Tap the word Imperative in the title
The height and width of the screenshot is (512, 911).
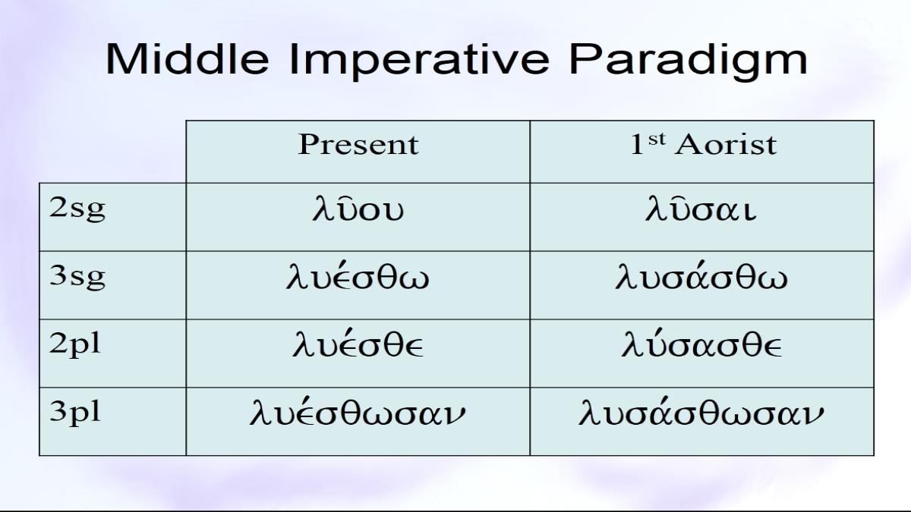[x=419, y=61]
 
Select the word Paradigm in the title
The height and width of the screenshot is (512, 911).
[x=688, y=61]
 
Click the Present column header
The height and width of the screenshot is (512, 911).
[x=358, y=144]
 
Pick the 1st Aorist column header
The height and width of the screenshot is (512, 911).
[x=703, y=144]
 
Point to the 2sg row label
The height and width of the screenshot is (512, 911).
[x=77, y=209]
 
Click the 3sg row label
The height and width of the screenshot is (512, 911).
[x=77, y=278]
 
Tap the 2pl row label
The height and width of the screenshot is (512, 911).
[x=75, y=346]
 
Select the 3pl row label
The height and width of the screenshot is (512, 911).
[x=75, y=414]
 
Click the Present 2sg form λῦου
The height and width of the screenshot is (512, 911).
[x=358, y=209]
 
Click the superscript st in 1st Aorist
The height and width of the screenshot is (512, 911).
[x=657, y=140]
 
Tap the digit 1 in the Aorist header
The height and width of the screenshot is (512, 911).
[x=637, y=144]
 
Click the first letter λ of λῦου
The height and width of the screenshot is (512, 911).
[x=320, y=209]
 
